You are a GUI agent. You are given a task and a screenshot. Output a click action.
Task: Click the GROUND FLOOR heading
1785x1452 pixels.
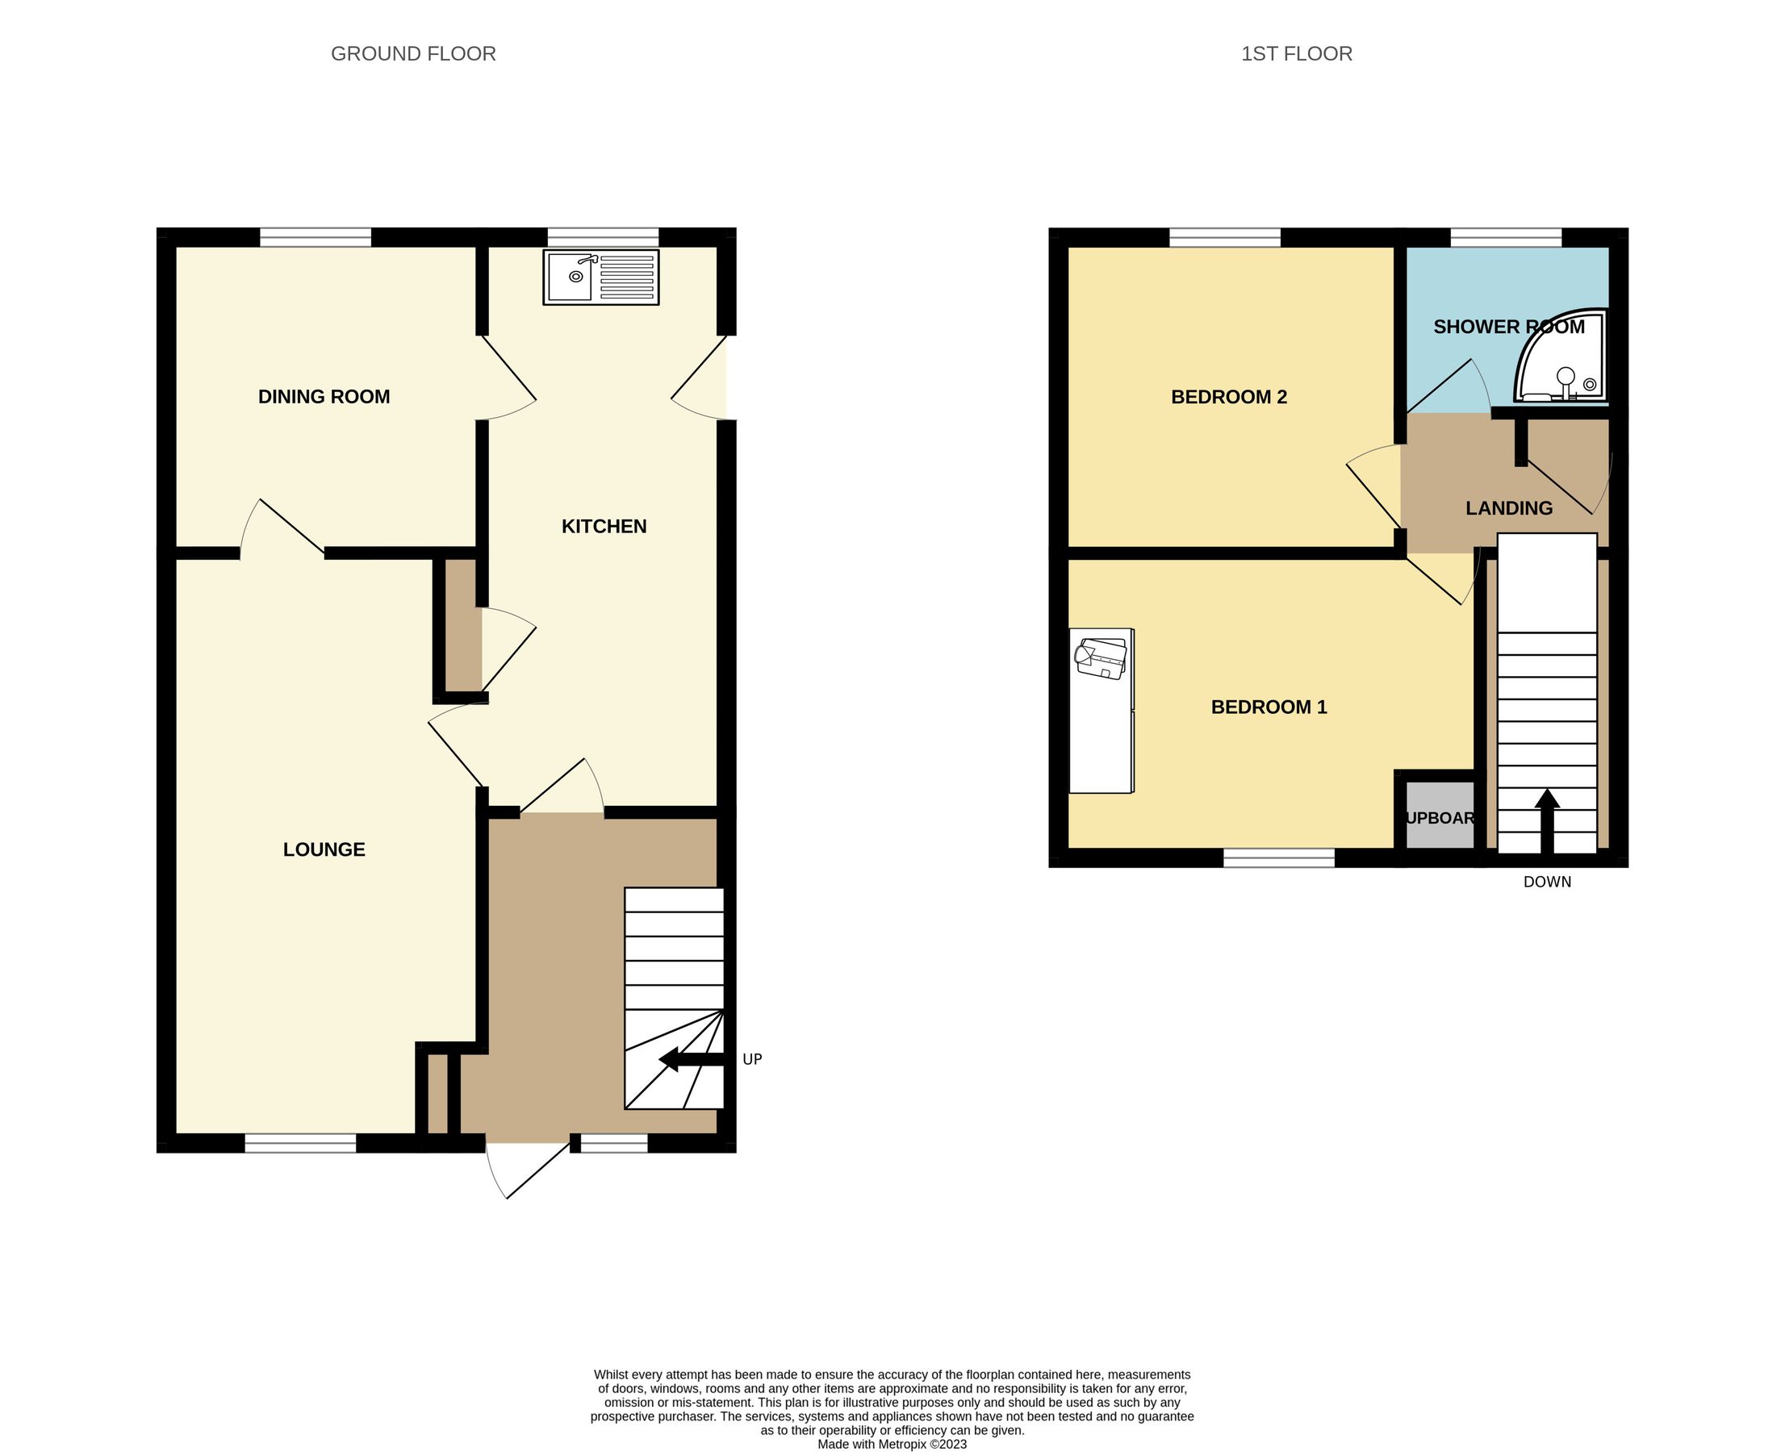[413, 53]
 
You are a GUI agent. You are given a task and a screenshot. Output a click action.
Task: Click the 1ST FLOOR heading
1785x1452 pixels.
[1296, 53]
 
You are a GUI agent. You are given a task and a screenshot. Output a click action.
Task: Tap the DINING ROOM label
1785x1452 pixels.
[324, 396]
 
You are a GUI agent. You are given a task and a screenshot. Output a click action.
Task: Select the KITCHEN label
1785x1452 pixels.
[604, 526]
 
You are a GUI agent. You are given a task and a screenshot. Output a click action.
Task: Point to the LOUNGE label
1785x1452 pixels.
[324, 849]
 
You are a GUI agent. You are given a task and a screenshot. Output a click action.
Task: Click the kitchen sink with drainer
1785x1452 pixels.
[601, 276]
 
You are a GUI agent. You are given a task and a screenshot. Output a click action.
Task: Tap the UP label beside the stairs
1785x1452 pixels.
[752, 1059]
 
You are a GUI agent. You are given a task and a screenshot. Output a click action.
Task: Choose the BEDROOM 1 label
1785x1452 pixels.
[1269, 707]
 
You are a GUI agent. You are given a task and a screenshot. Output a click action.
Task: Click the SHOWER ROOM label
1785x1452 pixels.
[1509, 327]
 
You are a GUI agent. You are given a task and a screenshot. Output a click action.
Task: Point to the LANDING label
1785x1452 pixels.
[1509, 507]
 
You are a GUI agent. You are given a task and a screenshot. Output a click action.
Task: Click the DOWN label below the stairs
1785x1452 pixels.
[1546, 882]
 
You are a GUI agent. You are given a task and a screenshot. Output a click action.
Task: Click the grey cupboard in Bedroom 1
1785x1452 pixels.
[1439, 816]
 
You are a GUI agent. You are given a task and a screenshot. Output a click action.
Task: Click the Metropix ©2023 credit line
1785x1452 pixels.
[892, 1444]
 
